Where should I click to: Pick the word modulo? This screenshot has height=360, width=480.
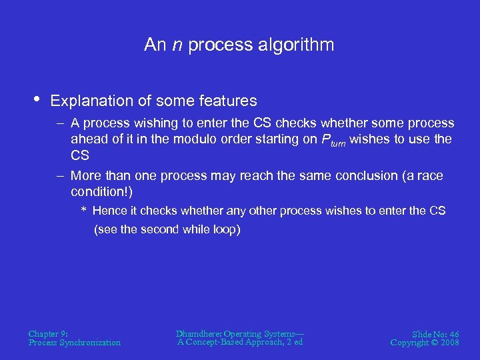click(189, 139)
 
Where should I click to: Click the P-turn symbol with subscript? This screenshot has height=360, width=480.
click(334, 140)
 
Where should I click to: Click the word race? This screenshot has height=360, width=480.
click(431, 176)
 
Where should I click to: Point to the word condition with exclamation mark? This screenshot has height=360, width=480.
click(101, 192)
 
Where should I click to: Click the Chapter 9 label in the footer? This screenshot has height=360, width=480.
click(48, 333)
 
